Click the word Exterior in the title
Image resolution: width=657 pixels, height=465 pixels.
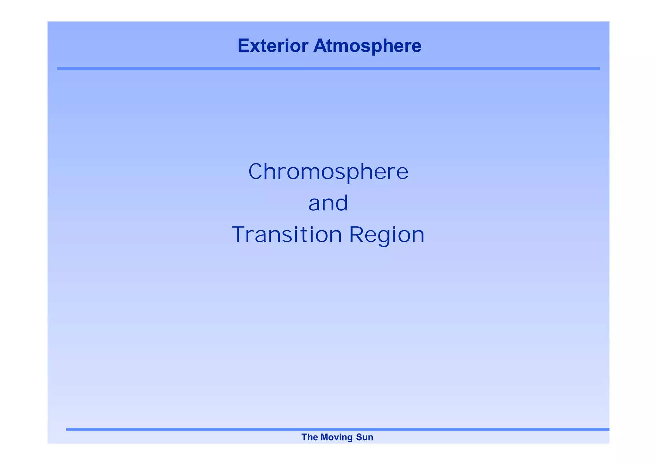coord(273,46)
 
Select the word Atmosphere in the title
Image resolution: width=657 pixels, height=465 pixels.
coord(367,46)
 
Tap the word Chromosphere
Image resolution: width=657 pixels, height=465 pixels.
coord(328,171)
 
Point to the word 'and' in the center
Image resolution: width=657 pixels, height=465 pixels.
coord(328,203)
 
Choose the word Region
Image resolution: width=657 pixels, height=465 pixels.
coord(387,235)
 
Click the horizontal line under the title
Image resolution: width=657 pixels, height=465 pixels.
coord(328,68)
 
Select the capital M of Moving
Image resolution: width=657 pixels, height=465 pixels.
coord(324,437)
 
